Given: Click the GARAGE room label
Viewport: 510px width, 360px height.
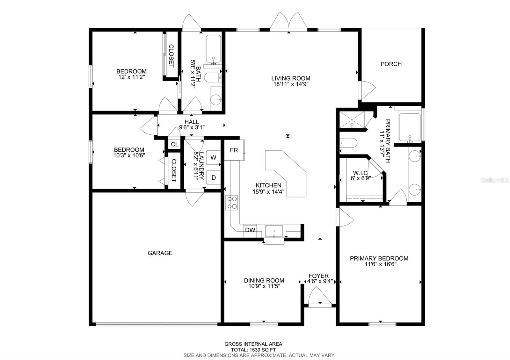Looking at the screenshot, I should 160,253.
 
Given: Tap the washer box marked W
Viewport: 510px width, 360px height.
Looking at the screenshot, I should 213,157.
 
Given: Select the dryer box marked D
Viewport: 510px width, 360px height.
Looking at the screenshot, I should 213,177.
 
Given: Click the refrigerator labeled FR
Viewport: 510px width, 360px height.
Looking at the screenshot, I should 234,150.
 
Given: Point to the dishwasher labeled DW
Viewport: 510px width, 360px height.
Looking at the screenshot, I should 250,230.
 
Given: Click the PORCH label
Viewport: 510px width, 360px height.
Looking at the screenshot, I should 391,64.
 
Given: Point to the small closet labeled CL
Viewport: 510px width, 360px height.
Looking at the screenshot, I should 174,144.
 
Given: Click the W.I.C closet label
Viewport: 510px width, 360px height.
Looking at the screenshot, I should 360,173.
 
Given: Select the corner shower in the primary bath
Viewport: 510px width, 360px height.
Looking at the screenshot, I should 351,120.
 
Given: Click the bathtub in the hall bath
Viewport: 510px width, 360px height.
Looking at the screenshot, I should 213,49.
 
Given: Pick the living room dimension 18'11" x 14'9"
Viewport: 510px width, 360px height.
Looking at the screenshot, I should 291,84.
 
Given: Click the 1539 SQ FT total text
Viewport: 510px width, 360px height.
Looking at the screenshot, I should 253,349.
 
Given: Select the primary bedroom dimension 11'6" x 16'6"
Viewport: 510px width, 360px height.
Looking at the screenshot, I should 379,264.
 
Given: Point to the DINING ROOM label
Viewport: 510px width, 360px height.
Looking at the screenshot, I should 264,280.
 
